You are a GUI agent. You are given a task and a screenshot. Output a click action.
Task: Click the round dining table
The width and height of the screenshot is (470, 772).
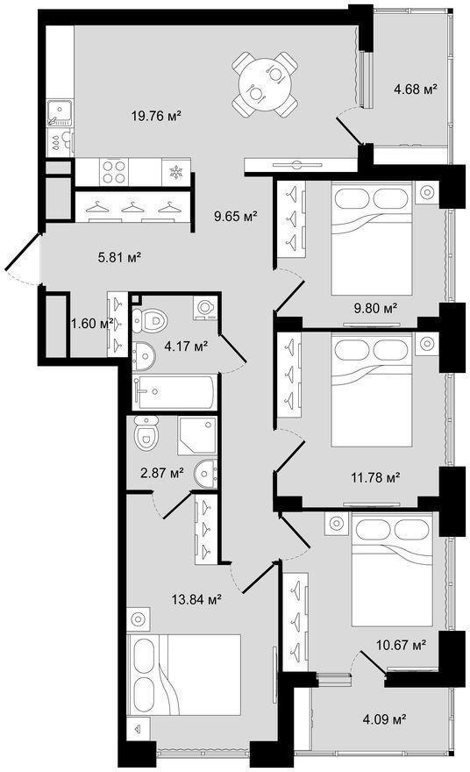point(265,84)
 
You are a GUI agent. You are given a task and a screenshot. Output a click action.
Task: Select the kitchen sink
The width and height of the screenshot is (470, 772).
point(60,113)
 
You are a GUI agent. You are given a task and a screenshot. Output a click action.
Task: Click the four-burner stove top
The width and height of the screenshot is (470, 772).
point(114,172)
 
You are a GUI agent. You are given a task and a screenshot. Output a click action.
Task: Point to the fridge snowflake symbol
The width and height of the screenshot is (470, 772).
point(175,172)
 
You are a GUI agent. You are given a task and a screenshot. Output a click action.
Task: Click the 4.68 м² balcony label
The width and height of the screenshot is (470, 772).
point(416,89)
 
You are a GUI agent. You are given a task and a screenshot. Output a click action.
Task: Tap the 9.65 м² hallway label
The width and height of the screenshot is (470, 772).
point(236,216)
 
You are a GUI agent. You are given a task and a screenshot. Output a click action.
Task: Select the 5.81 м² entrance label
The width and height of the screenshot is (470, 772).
point(120,257)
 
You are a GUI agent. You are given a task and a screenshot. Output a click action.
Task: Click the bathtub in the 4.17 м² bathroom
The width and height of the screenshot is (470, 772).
point(174,392)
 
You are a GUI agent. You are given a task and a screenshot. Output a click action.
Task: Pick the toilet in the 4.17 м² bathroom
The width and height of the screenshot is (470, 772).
point(150,321)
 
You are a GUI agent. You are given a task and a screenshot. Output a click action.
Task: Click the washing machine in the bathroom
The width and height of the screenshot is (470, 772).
point(204,308)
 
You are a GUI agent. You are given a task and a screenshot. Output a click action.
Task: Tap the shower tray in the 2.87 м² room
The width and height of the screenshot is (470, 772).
point(197,436)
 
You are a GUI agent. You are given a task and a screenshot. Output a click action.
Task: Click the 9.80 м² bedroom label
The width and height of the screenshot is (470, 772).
point(375,309)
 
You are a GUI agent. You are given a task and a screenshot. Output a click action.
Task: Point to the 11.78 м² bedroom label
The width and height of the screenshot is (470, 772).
point(375,477)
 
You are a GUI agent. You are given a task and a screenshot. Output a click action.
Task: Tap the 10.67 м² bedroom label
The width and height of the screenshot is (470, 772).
point(401,644)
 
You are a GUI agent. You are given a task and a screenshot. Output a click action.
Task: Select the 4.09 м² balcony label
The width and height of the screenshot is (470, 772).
point(384,719)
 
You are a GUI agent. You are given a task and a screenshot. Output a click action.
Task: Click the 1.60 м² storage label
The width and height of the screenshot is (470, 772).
point(92,324)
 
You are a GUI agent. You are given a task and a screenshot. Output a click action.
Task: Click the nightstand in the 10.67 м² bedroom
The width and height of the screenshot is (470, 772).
point(337,524)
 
